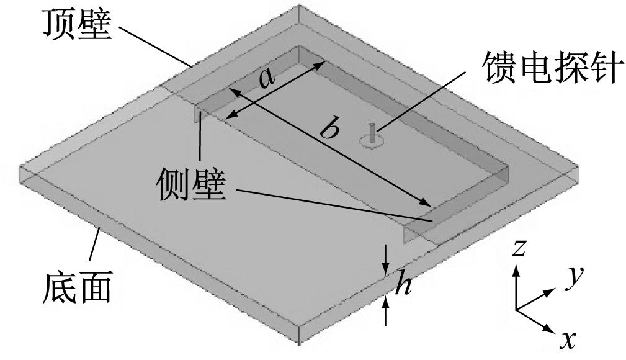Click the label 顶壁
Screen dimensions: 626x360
point(77,24)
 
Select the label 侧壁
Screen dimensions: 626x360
point(192,184)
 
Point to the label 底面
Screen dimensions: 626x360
point(77,288)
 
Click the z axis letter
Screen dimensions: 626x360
point(518,248)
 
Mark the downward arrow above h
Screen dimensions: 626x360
point(386,259)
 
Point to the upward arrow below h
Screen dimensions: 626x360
point(386,312)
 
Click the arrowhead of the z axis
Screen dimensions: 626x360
point(516,270)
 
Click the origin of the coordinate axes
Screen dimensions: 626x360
point(516,310)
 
